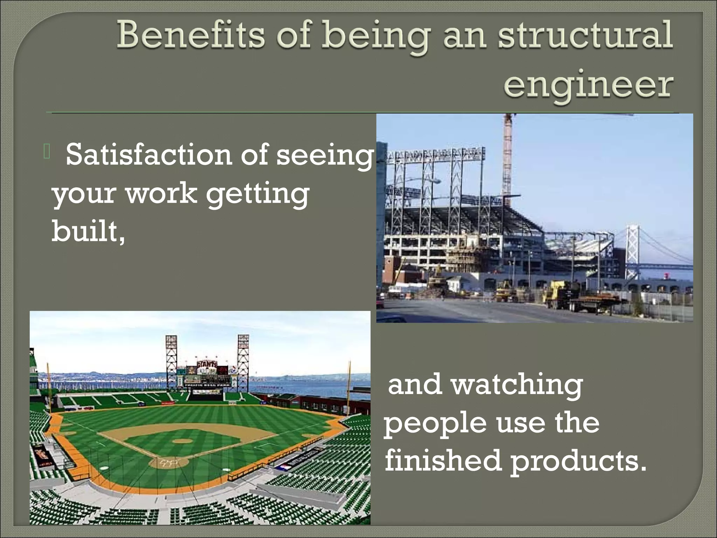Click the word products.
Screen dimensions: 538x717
point(578,460)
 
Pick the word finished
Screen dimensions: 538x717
point(443,460)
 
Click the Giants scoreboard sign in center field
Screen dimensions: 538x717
point(207,364)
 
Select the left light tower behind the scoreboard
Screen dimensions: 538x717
point(171,357)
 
